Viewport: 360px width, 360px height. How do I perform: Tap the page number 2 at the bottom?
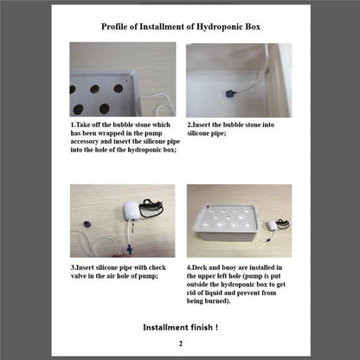tap(180, 344)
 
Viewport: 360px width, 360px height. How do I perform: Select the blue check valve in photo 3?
tap(126, 248)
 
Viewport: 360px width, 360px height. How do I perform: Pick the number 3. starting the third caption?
tap(74, 268)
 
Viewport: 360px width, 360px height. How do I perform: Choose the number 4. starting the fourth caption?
tap(190, 268)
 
